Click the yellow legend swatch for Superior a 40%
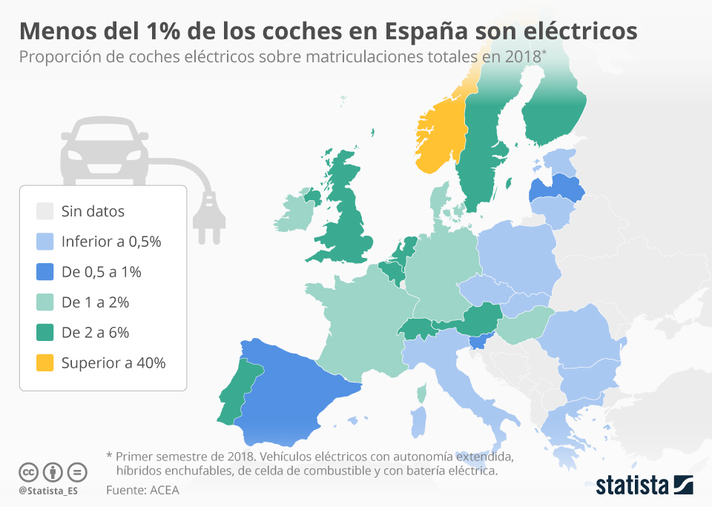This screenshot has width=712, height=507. point(45,363)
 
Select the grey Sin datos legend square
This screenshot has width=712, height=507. point(45,211)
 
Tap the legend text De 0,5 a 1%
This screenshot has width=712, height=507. point(102,272)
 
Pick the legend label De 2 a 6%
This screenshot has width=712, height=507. point(96,333)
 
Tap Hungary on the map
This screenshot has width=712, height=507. point(523,326)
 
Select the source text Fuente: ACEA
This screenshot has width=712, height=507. point(142,490)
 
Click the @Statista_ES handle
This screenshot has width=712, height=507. point(49,491)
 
